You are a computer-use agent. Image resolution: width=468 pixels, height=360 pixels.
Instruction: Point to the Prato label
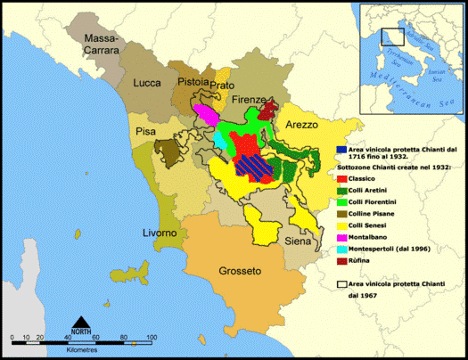pyautogui.click(x=223, y=86)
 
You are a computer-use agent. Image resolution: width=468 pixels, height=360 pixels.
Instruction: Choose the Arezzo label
pyautogui.click(x=301, y=126)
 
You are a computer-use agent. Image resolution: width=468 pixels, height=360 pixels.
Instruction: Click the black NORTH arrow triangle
pyautogui.click(x=81, y=321)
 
